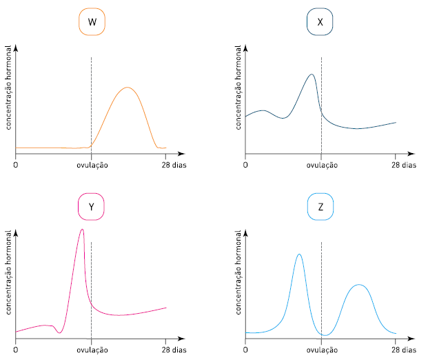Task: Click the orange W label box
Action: tap(92, 22)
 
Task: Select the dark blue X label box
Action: tap(320, 22)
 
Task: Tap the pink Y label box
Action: tap(92, 206)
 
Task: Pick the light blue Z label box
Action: tap(320, 206)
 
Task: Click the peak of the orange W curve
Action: tap(127, 88)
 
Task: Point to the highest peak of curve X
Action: tap(312, 74)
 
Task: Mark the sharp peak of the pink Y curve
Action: tap(82, 229)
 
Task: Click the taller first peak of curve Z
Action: tap(298, 254)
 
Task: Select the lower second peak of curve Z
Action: tap(357, 285)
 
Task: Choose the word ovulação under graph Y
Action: tap(91, 350)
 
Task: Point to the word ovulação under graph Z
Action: tap(321, 350)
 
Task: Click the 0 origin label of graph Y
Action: tap(16, 350)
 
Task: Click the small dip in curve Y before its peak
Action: tap(59, 332)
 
